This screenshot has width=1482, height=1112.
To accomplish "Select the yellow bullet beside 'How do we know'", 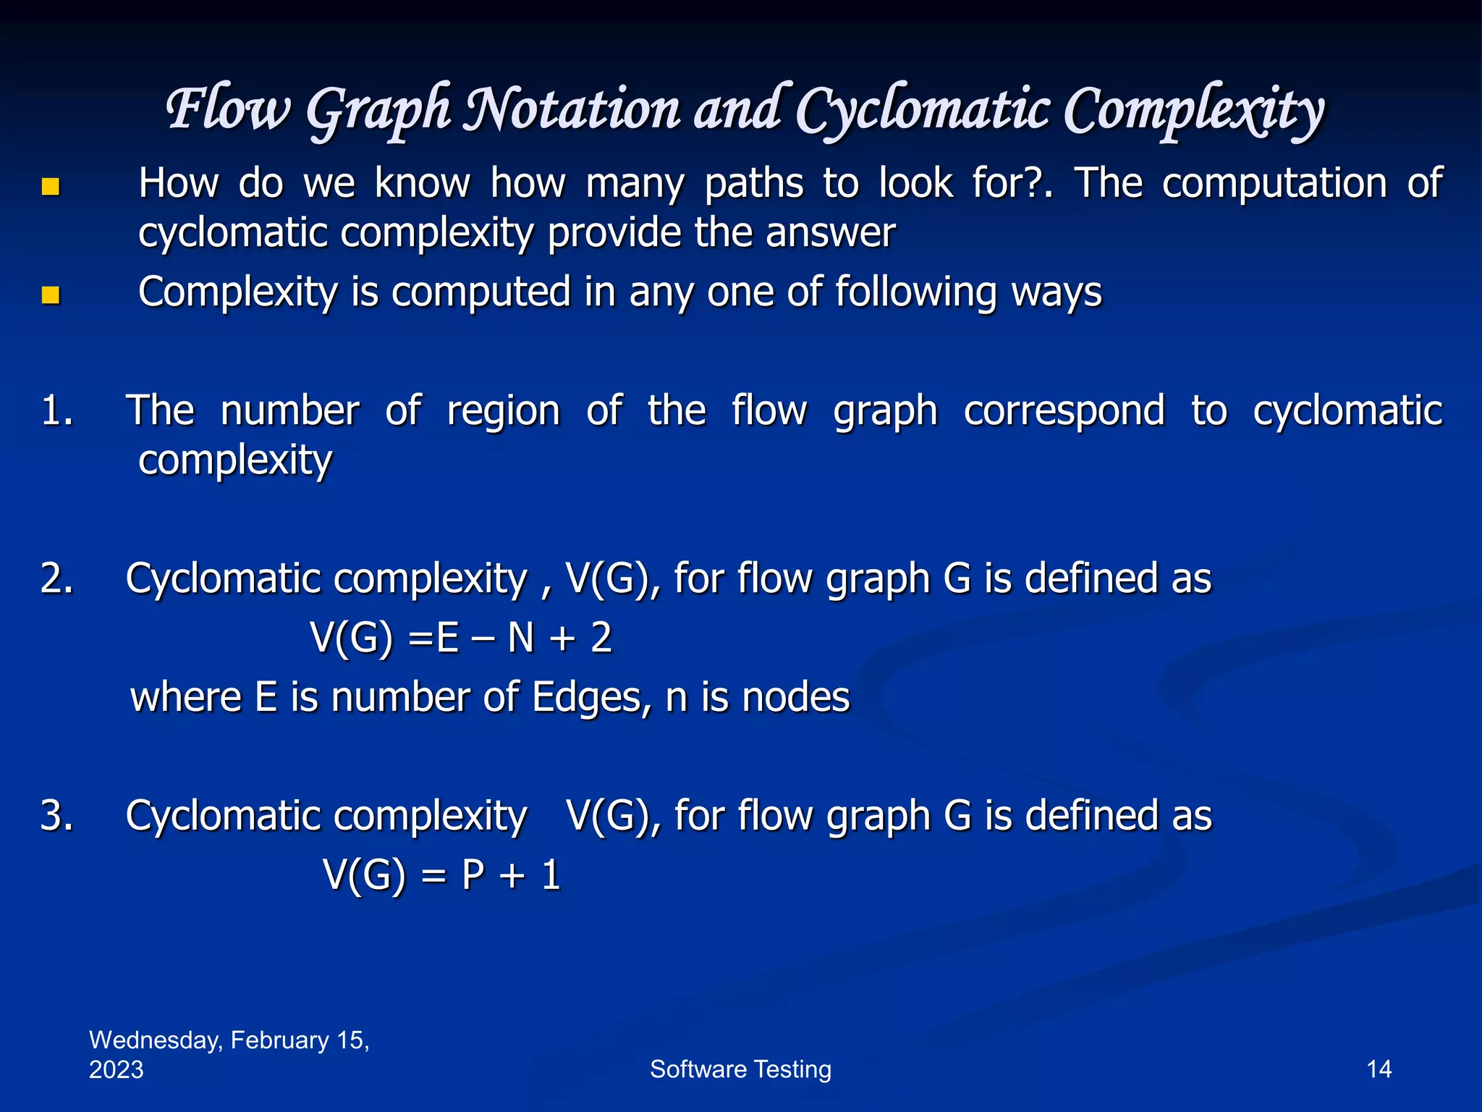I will pos(50,188).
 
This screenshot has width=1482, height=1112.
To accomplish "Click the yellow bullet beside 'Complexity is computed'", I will pos(50,295).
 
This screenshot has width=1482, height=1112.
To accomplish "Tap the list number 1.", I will pos(56,410).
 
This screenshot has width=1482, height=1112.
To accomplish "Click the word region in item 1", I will pos(503,411).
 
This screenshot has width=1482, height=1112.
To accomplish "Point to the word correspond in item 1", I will pos(1064,411).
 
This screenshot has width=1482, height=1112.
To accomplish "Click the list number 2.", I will pos(56,578).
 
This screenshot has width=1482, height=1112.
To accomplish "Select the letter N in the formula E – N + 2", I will pos(520,638).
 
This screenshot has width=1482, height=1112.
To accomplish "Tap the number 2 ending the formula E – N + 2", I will pos(601,638).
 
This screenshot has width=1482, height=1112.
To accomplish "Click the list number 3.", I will pos(56,816).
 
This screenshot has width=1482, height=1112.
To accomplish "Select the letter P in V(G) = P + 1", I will pos(473,875).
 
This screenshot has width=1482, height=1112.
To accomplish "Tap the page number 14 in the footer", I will pos(1379,1069).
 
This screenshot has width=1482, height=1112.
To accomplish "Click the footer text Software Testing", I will pos(740,1069).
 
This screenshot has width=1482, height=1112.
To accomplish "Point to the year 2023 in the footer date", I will pos(116,1070).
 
